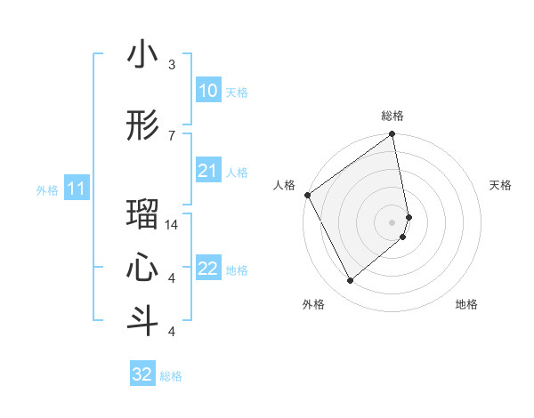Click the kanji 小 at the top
142,55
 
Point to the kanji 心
142,267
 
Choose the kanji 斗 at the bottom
142,319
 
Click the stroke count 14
172,225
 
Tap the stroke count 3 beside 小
172,65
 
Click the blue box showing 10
207,91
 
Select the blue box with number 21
207,171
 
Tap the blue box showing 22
207,269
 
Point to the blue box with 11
77,189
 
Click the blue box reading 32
142,374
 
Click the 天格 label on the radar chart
500,185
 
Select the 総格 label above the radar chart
392,116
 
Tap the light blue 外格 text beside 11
47,189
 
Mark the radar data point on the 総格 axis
392,136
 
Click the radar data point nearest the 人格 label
307,195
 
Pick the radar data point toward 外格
350,281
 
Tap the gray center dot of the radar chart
392,221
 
